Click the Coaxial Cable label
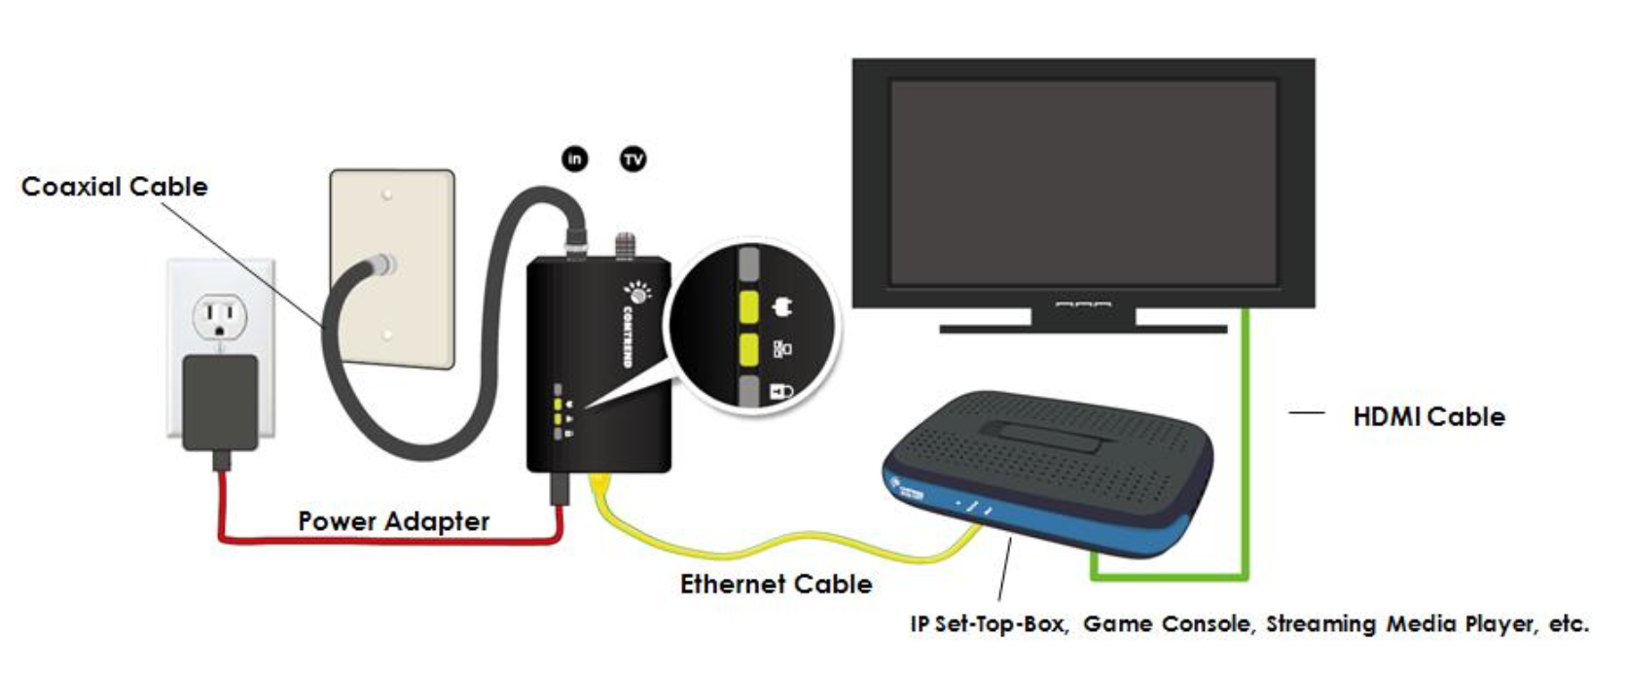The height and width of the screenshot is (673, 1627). pyautogui.click(x=114, y=187)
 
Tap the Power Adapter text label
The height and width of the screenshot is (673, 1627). pyautogui.click(x=393, y=521)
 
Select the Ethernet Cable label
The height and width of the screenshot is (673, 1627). pyautogui.click(x=776, y=584)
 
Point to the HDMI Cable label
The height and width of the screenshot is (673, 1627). pyautogui.click(x=1428, y=417)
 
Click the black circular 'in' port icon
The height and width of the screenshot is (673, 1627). pyautogui.click(x=575, y=159)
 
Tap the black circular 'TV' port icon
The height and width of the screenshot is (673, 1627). pyautogui.click(x=633, y=159)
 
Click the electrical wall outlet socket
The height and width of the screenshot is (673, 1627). pyautogui.click(x=220, y=317)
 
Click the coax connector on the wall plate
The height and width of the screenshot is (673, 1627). pyautogui.click(x=384, y=264)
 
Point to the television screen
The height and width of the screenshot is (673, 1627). pyautogui.click(x=1083, y=181)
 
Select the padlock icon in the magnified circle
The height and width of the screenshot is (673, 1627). pyautogui.click(x=781, y=391)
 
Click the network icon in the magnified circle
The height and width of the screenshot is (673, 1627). pyautogui.click(x=782, y=349)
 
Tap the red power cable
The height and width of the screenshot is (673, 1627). pyautogui.click(x=389, y=538)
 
